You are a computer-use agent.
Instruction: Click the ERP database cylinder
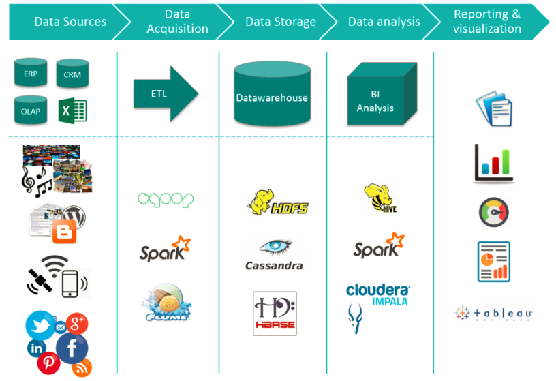point(31,73)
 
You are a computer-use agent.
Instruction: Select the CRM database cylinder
point(72,74)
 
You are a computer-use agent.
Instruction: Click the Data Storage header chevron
point(280,22)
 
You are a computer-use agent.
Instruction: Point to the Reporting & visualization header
point(486,22)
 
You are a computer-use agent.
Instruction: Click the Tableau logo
point(494,314)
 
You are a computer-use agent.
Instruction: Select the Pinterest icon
point(48,363)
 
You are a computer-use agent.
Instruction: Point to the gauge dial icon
point(493,213)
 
